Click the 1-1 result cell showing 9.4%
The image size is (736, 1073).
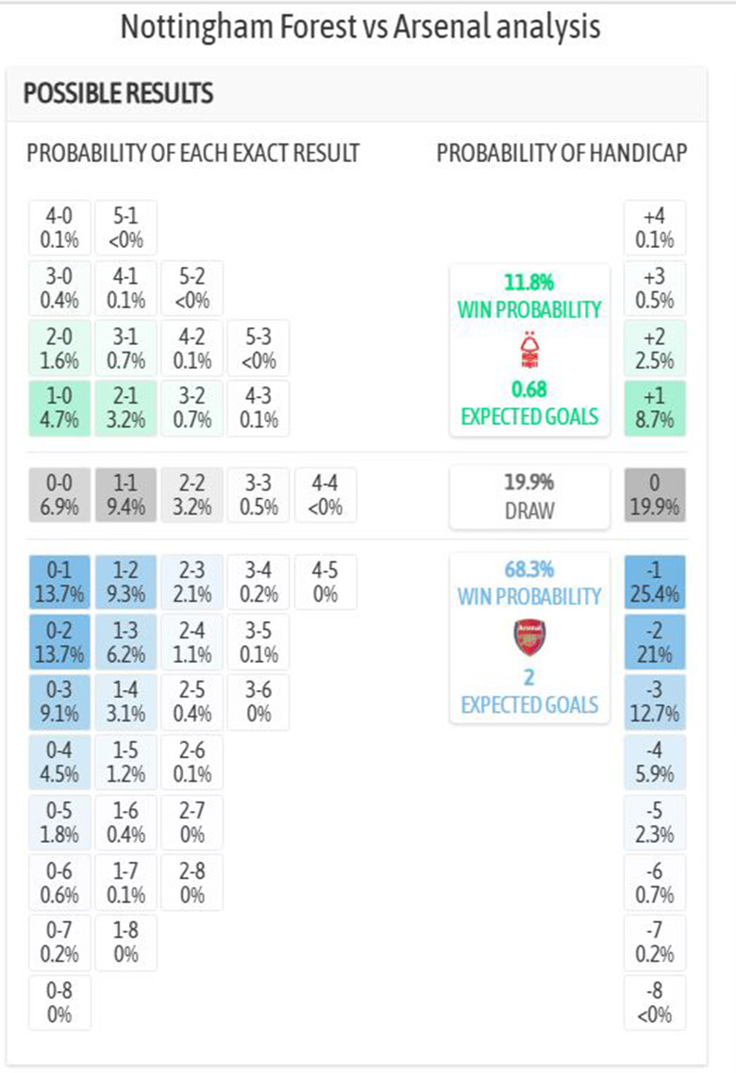click(x=125, y=495)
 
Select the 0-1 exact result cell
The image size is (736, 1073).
click(x=59, y=582)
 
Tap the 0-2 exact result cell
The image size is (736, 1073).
click(x=59, y=642)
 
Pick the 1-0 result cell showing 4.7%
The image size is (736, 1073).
click(x=59, y=407)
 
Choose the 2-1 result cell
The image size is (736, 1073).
click(x=125, y=407)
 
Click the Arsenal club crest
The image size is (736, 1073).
click(x=529, y=638)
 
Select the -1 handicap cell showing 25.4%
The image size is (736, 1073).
click(x=655, y=582)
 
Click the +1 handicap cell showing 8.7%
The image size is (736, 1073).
click(x=655, y=407)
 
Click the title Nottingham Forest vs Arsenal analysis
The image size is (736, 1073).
click(x=360, y=26)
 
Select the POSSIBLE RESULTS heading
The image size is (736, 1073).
click(x=118, y=94)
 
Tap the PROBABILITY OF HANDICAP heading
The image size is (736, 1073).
click(x=561, y=153)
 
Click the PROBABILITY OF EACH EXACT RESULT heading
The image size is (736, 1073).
click(x=192, y=153)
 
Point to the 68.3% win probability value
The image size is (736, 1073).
click(x=529, y=570)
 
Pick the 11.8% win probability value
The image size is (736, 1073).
click(x=529, y=282)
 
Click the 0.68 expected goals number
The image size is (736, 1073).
click(x=529, y=389)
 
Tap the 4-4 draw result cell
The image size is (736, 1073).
click(x=326, y=495)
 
